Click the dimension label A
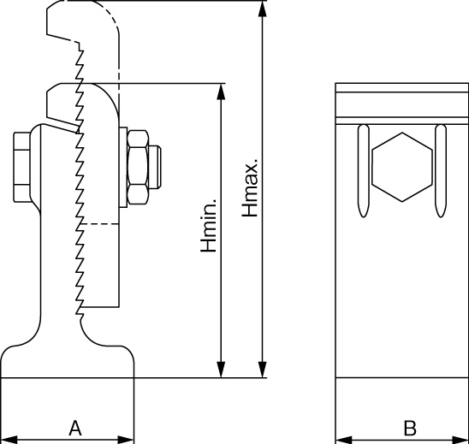click(75, 428)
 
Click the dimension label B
click(410, 428)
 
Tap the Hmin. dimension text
click(209, 225)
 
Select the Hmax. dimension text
click(250, 187)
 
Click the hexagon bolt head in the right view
click(402, 167)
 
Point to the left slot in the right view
click(364, 171)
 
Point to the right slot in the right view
click(441, 171)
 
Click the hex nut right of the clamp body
click(138, 168)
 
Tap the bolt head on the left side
click(22, 167)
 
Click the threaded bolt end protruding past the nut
click(155, 167)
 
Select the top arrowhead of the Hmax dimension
click(263, 9)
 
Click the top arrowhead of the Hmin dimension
click(221, 92)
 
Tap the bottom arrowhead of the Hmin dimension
click(221, 370)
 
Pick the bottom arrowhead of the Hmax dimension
click(263, 370)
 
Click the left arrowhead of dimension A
click(9, 440)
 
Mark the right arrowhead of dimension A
click(126, 440)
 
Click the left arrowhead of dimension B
click(344, 440)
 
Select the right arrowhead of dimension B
click(460, 440)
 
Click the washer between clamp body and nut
click(123, 167)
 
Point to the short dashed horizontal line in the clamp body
click(98, 223)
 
